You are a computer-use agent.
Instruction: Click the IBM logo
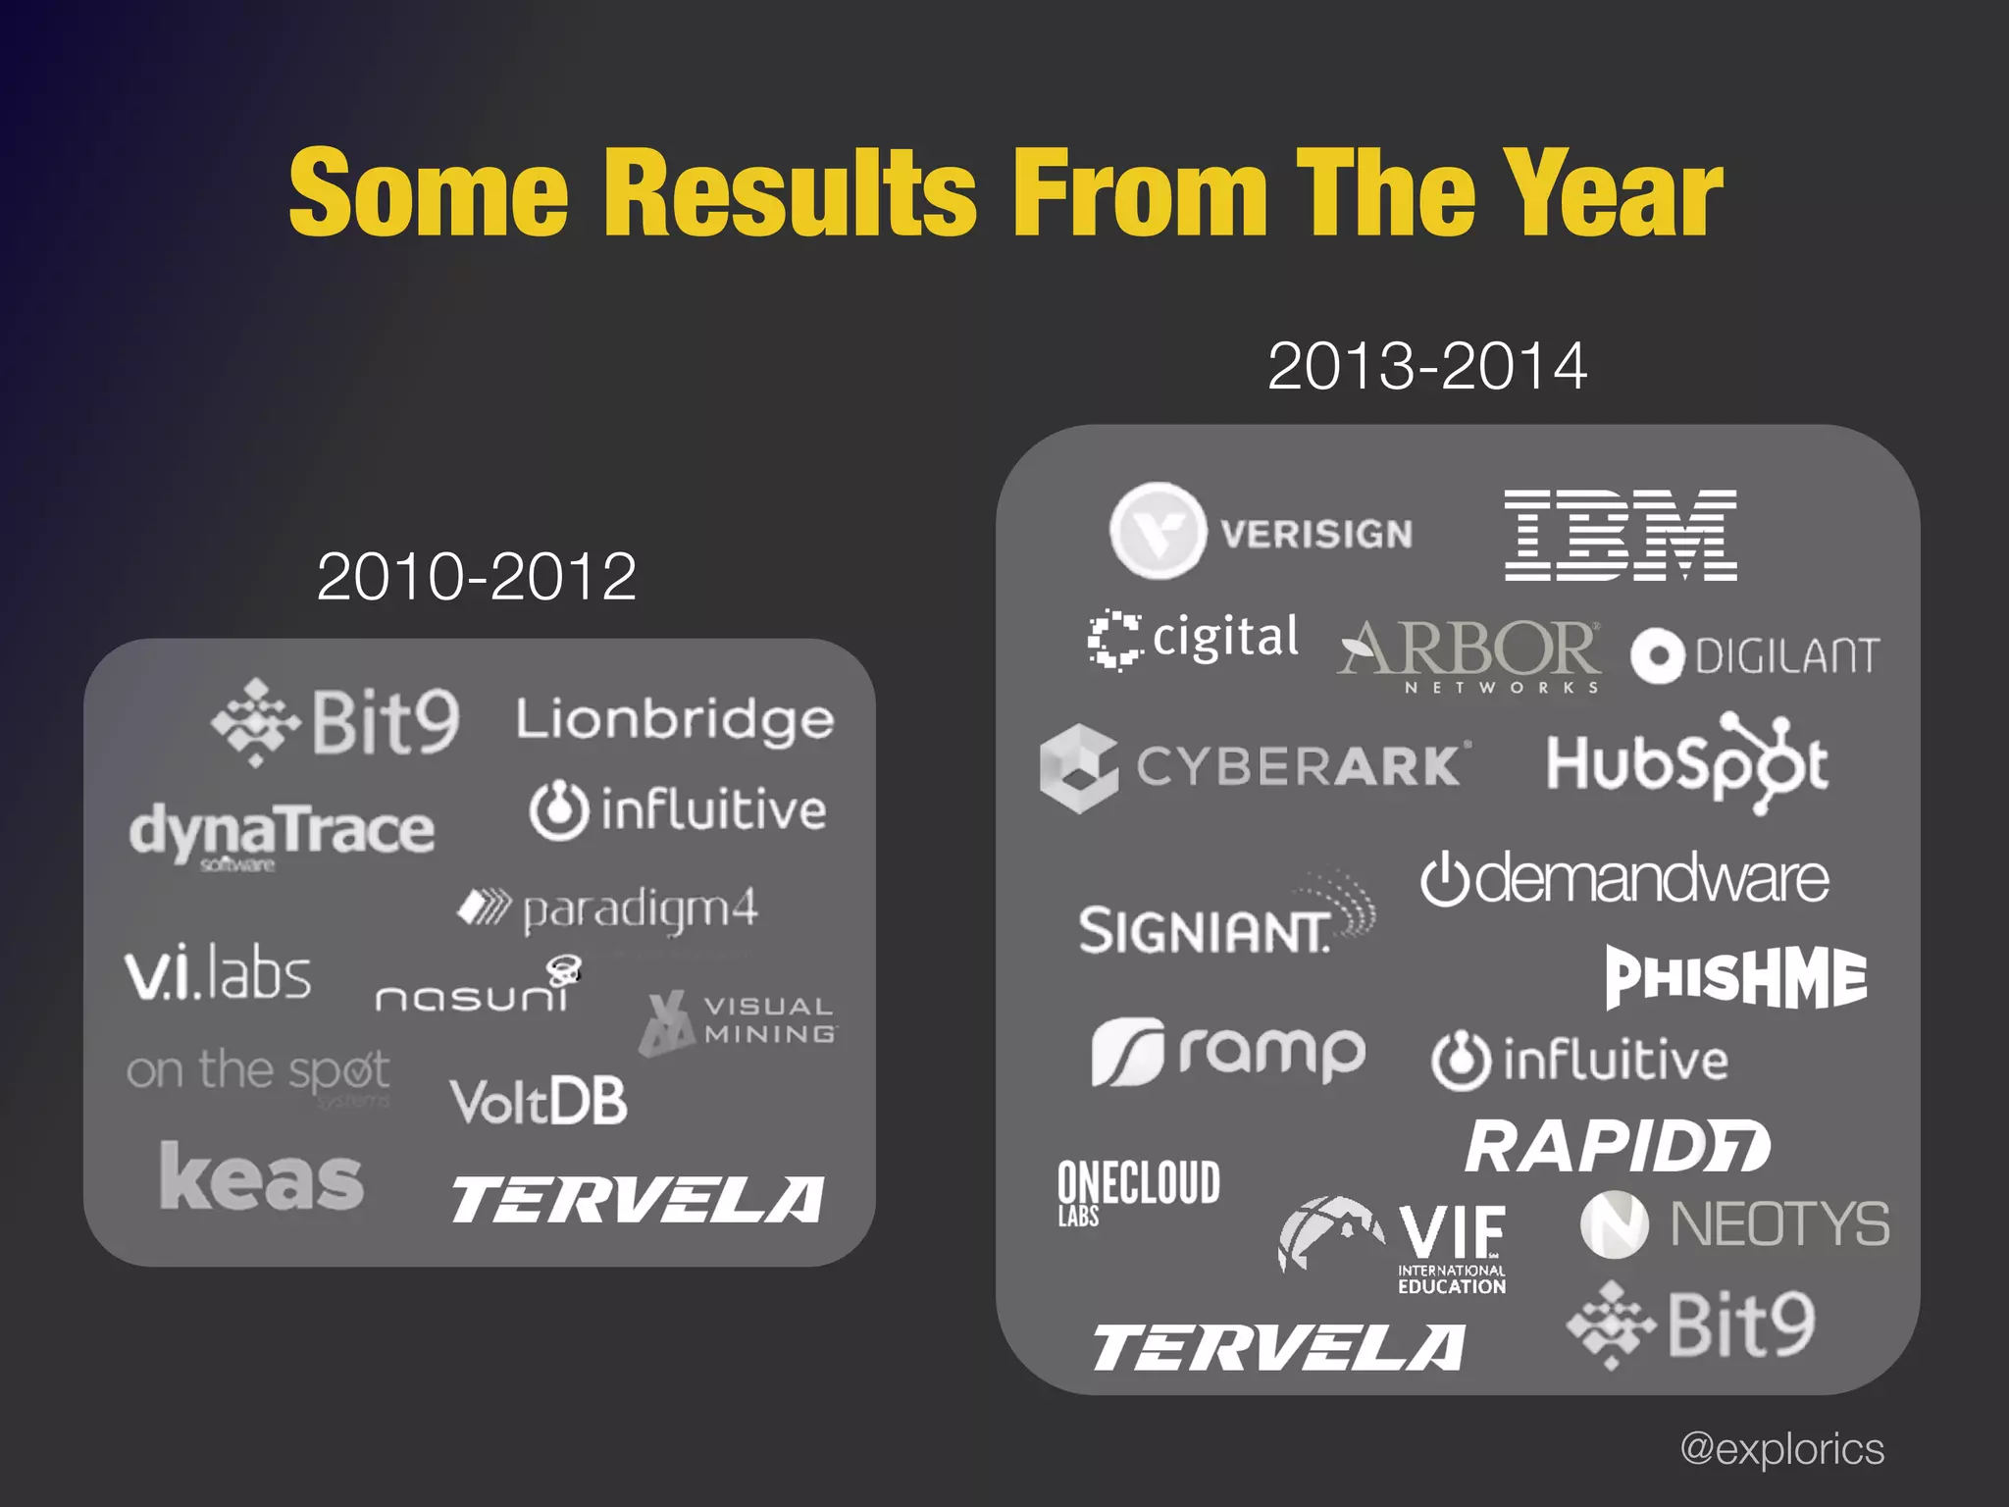tap(1621, 535)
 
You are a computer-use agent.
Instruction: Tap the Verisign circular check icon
tap(1158, 531)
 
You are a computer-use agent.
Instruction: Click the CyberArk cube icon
tap(1078, 768)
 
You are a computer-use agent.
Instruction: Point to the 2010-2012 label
tap(476, 576)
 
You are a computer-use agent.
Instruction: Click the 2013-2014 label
tap(1426, 366)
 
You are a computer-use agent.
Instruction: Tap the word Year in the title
tap(1614, 193)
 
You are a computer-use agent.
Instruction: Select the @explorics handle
tap(1781, 1448)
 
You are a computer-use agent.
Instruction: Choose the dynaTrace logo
tap(282, 832)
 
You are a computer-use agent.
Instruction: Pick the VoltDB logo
tap(539, 1101)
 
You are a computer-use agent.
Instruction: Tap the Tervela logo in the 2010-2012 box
tap(638, 1199)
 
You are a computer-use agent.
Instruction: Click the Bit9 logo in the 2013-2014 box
tap(1691, 1325)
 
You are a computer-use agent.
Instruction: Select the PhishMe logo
tap(1735, 977)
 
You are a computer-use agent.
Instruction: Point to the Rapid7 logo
tap(1617, 1146)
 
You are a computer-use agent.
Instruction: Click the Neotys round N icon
tap(1614, 1224)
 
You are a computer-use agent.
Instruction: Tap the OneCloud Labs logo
tap(1138, 1190)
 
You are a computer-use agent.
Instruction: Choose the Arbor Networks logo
tap(1469, 655)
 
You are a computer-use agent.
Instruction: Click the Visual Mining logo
tap(739, 1021)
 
